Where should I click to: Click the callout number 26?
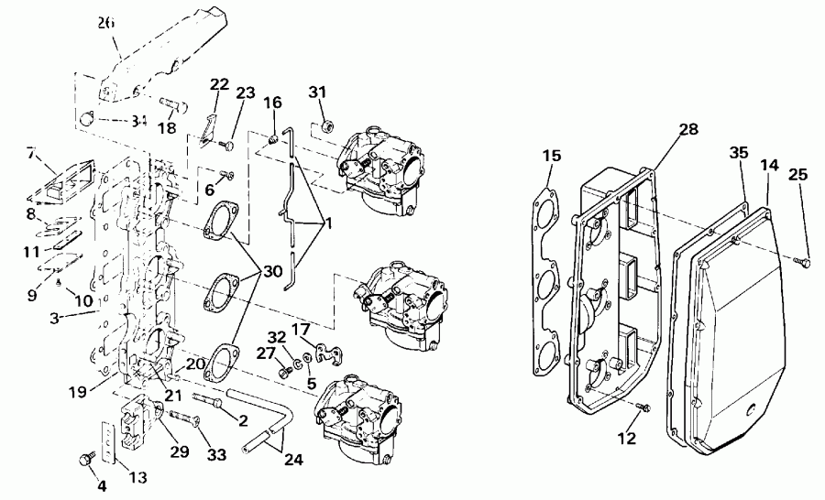tap(107, 25)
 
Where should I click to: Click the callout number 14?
tap(769, 165)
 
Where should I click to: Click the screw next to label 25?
tap(805, 263)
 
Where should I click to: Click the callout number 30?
tap(271, 273)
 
